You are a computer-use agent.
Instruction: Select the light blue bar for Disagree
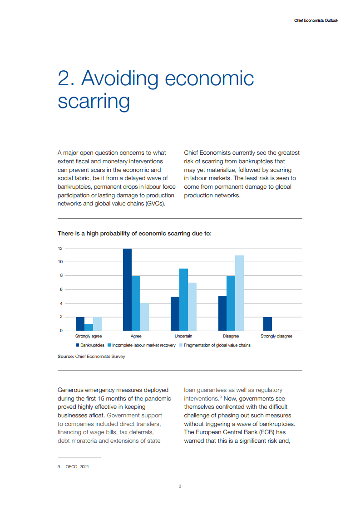coord(239,293)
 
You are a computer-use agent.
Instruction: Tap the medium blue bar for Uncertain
coord(183,299)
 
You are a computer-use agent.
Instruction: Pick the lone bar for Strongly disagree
coord(267,323)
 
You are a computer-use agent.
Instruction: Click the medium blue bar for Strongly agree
coord(89,327)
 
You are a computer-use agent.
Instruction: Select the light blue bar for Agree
coord(144,317)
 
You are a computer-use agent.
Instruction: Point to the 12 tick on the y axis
coord(59,249)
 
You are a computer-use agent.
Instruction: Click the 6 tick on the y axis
coord(60,289)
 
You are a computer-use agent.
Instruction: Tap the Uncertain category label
coord(183,336)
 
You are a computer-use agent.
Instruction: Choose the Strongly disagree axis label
coord(276,336)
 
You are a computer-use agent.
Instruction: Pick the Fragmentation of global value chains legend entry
coord(217,345)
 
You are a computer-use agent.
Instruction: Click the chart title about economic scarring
coord(134,234)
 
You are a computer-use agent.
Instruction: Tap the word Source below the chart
coord(65,357)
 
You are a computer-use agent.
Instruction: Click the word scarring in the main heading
coord(94,101)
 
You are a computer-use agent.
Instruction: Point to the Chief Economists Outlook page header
coord(316,20)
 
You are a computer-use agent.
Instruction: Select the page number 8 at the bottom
coord(180,486)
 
